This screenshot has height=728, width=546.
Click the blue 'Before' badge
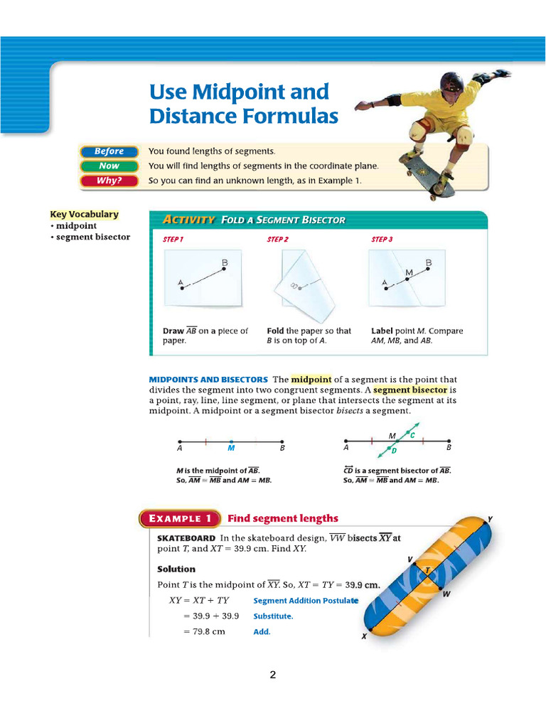[x=108, y=151]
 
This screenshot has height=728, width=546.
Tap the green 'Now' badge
[x=108, y=166]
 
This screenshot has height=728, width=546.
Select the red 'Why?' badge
[x=108, y=181]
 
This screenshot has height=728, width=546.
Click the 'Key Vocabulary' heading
[x=84, y=214]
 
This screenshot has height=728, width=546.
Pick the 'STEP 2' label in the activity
[x=277, y=240]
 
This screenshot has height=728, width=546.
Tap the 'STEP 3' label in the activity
[x=382, y=240]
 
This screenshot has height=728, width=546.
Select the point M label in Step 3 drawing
[x=409, y=272]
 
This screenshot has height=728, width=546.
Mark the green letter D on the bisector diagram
[x=393, y=451]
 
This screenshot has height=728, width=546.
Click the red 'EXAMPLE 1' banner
[x=179, y=519]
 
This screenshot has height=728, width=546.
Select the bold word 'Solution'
[x=176, y=569]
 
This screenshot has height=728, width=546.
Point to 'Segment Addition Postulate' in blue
[x=306, y=601]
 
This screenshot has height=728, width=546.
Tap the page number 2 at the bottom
[x=272, y=675]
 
